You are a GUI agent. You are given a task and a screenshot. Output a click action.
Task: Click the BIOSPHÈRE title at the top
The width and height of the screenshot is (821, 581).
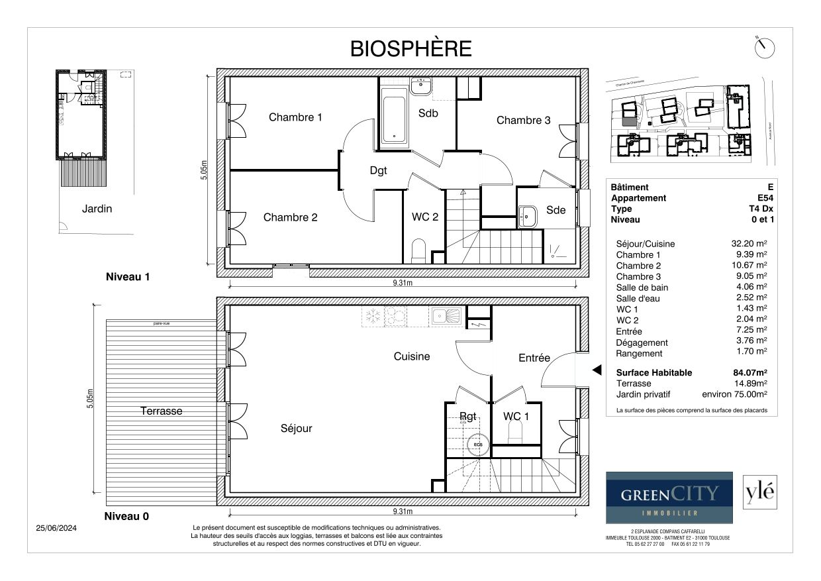coord(410,48)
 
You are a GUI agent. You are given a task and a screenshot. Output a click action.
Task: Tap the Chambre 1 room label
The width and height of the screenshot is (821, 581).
coord(295,117)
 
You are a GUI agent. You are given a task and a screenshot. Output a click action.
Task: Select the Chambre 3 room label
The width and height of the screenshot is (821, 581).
coord(523,120)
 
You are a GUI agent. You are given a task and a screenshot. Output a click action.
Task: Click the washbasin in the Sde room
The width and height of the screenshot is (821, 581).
coord(528,216)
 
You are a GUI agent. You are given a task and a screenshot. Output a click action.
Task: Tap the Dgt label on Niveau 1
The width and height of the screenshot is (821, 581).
coord(378,170)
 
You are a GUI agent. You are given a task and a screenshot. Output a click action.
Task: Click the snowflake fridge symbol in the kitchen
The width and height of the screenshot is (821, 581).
coord(373,316)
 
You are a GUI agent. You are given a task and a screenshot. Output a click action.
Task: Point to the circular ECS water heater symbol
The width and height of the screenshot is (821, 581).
coord(477,444)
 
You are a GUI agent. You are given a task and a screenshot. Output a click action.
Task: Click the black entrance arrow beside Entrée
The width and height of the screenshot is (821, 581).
coord(596,370)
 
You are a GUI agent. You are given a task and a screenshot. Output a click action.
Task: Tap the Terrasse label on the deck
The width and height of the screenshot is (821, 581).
coord(161,411)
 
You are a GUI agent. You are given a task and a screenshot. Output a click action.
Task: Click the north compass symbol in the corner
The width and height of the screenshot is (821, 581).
coord(764,48)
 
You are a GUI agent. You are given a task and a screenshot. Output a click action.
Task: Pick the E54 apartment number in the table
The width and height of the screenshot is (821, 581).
coord(761,198)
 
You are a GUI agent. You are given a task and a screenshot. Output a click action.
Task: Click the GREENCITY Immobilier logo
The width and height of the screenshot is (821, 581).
coord(669,498)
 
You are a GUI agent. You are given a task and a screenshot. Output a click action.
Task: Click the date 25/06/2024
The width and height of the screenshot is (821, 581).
coord(56,528)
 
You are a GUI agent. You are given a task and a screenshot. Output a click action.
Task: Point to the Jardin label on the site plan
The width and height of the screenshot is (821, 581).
coord(97,209)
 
